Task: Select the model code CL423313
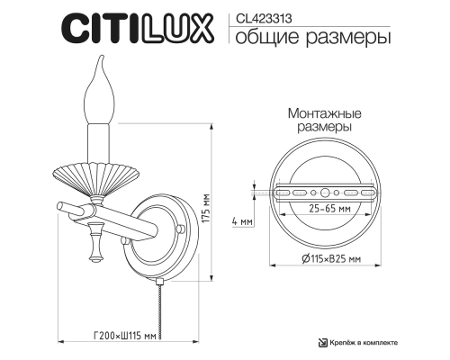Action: click(x=261, y=15)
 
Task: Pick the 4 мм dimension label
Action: click(x=239, y=220)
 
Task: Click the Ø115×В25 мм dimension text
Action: click(x=324, y=259)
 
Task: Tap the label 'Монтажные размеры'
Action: click(x=324, y=122)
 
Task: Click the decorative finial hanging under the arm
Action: click(x=94, y=245)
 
